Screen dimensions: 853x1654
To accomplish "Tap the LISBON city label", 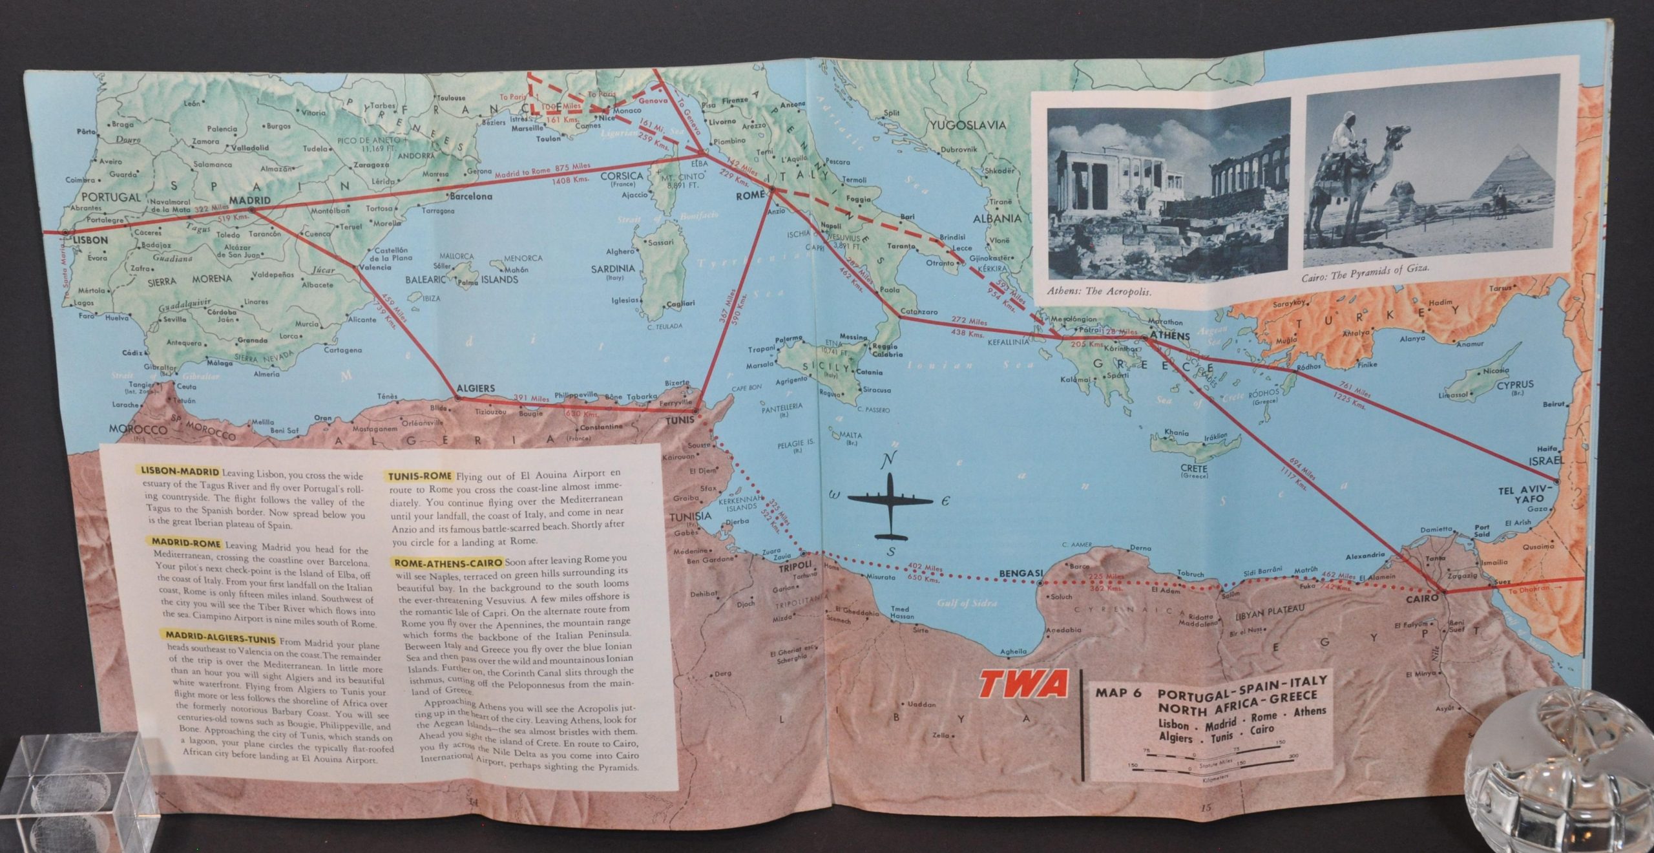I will point(90,240).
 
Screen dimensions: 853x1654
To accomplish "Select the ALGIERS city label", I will point(475,388).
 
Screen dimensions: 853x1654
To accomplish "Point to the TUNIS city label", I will point(680,420).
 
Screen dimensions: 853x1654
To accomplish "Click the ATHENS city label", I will point(1170,336).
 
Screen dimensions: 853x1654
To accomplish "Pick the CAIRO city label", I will point(1421,598).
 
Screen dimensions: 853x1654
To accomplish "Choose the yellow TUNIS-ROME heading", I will point(419,477).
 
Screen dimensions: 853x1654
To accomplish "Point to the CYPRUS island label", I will point(1515,384).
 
